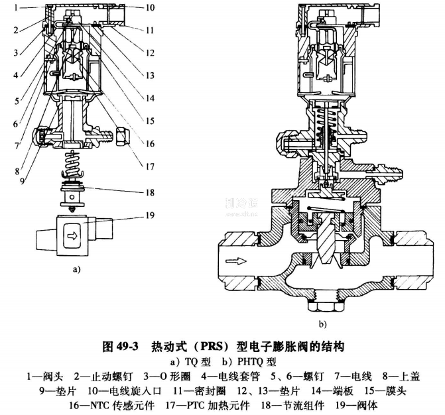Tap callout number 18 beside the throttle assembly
pos(151,192)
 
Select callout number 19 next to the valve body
pos(151,215)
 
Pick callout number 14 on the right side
pos(151,97)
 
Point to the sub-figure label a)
pos(76,270)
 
